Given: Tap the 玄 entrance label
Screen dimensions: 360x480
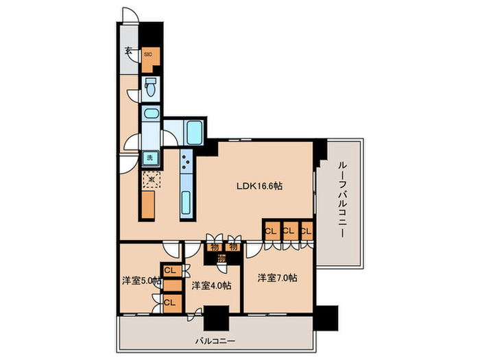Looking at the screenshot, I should click(x=128, y=50).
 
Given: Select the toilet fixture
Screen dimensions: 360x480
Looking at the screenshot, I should click(x=151, y=87).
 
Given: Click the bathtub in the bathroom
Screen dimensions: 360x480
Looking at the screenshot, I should click(x=195, y=130).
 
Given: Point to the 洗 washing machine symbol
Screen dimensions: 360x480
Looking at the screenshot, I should click(x=150, y=158).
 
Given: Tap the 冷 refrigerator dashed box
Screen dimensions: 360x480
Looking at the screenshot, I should click(x=149, y=180).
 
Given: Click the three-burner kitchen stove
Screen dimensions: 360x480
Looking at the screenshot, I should click(x=186, y=162).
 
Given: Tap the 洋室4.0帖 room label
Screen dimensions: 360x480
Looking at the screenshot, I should click(x=211, y=285).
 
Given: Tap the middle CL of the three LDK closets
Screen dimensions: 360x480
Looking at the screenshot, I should click(x=289, y=230).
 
